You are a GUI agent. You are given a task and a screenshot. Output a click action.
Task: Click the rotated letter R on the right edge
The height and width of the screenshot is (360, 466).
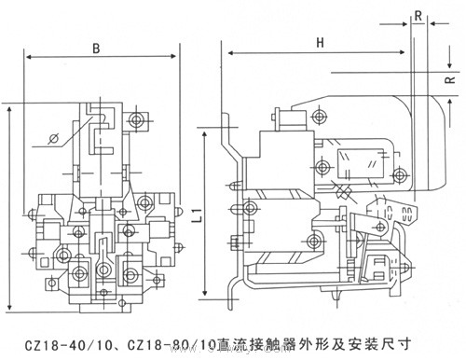tap(453, 80)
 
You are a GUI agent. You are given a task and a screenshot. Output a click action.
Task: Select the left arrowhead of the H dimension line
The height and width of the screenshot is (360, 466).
tap(223, 54)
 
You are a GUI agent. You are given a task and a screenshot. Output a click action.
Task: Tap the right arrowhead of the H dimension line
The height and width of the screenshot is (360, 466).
tap(417, 54)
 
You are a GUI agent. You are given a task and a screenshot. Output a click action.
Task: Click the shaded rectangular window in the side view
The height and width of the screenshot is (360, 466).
tap(358, 161)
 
